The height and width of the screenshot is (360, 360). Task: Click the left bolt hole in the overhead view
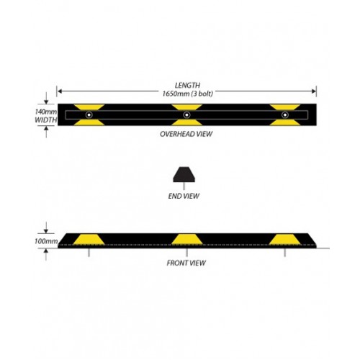tap(89, 115)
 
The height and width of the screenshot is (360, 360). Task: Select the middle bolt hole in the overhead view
tap(186, 115)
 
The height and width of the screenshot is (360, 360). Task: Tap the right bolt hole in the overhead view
tap(285, 115)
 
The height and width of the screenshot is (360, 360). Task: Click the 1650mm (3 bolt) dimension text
tap(188, 94)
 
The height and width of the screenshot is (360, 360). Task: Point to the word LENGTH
tap(187, 85)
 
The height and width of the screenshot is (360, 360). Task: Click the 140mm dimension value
tap(46, 112)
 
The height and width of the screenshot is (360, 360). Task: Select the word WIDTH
tap(46, 120)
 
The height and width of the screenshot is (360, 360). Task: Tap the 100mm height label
tap(46, 241)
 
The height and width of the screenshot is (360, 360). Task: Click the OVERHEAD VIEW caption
tap(186, 134)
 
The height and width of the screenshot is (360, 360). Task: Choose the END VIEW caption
tap(184, 196)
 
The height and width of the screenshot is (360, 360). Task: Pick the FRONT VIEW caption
tap(186, 263)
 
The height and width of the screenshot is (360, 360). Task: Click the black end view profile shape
tap(184, 174)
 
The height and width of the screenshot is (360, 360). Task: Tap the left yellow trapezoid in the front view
tap(89, 240)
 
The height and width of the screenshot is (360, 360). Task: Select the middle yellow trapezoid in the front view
tap(186, 240)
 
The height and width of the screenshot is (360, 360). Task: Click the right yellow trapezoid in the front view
tap(285, 240)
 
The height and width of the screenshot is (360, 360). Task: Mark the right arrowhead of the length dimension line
tap(314, 91)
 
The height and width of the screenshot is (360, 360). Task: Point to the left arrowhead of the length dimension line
tap(60, 91)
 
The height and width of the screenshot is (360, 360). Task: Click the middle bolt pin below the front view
tap(186, 253)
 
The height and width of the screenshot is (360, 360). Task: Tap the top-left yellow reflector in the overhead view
tap(89, 107)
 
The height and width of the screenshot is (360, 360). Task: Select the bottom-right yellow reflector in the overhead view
tap(285, 122)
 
